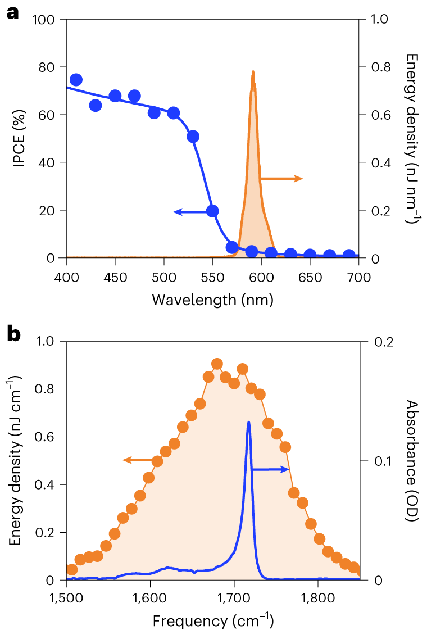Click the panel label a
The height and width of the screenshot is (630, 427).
12,12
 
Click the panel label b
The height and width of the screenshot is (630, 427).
13,334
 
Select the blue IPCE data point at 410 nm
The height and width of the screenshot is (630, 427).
76,80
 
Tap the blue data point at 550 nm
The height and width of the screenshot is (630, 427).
212,211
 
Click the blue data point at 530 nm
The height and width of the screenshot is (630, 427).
193,137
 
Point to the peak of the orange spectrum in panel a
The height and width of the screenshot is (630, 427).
253,72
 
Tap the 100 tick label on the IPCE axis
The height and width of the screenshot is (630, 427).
44,20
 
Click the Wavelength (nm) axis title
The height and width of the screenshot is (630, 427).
212,300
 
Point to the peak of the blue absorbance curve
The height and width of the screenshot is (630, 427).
248,422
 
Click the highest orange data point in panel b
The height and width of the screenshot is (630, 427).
217,364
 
